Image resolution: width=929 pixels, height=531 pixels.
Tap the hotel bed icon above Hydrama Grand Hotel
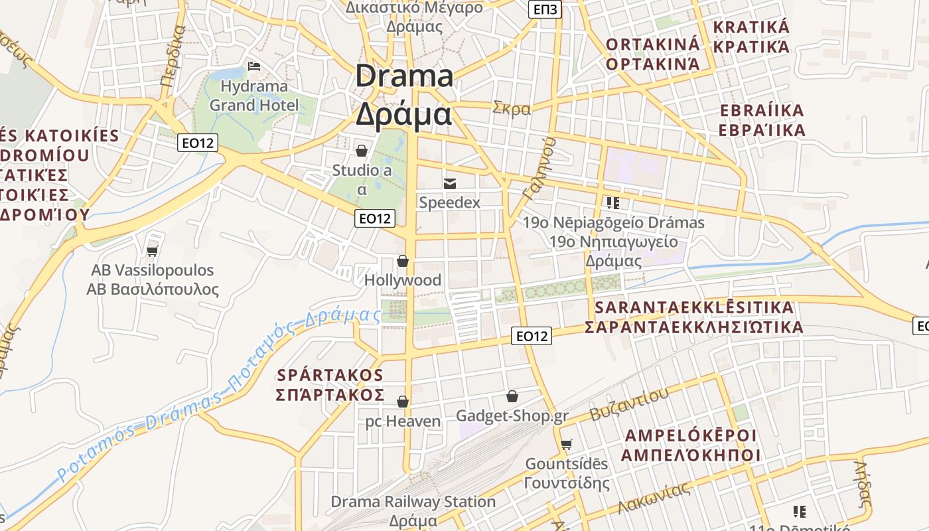click(253, 66)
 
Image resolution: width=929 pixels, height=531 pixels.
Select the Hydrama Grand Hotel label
click(254, 96)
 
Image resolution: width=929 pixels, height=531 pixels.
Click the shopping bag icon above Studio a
click(362, 151)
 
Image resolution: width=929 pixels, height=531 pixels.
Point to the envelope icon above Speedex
click(450, 183)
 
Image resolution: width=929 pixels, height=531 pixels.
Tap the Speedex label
click(449, 202)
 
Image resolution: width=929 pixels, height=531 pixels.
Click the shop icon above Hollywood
click(402, 261)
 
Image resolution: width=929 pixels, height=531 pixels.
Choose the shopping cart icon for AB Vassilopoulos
click(153, 251)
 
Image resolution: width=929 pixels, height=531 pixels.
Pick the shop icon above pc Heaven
click(402, 402)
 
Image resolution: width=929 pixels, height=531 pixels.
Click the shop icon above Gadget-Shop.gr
click(512, 396)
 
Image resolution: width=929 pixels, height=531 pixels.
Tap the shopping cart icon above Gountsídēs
click(566, 444)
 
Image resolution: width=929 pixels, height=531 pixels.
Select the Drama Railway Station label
click(413, 502)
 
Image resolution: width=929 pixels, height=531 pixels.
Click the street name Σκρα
click(512, 108)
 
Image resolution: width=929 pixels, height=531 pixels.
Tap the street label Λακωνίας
click(654, 498)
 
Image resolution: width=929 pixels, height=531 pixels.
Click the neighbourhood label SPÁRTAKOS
click(330, 374)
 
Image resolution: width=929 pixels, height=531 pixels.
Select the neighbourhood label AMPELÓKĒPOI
click(690, 435)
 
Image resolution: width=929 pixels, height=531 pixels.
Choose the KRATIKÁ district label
click(751, 28)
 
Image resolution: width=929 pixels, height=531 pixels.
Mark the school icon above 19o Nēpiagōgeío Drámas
click(612, 202)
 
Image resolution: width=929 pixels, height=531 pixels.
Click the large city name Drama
click(404, 76)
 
